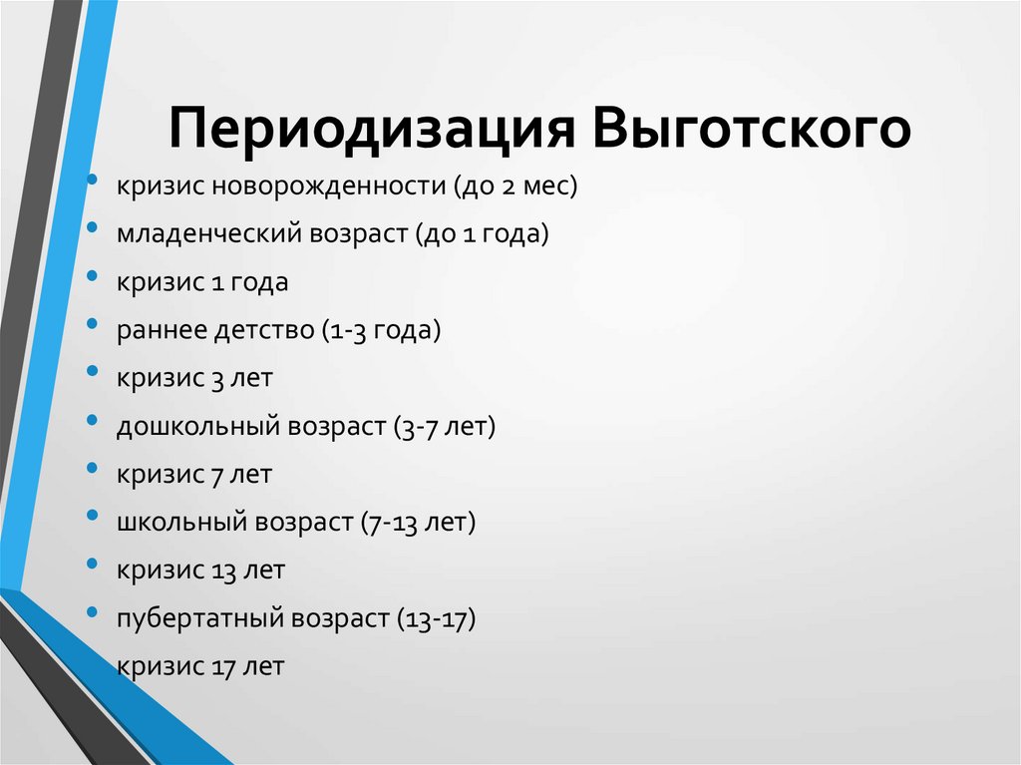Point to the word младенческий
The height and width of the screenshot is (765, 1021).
(198, 234)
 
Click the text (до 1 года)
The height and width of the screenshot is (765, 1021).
(473, 234)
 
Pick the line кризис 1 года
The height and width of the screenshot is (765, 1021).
(202, 282)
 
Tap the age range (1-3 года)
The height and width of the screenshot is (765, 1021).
(381, 330)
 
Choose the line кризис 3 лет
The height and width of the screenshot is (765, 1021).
(193, 378)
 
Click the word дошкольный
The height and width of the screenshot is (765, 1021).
(198, 427)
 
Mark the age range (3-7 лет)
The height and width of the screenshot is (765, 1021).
(444, 427)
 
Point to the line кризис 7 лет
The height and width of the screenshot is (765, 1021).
(193, 475)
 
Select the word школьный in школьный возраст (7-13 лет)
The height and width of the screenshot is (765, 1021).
(179, 523)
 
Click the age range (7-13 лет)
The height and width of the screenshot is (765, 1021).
(418, 523)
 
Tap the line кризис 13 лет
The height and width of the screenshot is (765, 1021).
(200, 571)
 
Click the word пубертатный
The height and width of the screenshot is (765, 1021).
(199, 618)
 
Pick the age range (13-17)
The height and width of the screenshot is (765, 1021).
(437, 618)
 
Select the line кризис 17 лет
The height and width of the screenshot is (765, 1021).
(200, 666)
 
